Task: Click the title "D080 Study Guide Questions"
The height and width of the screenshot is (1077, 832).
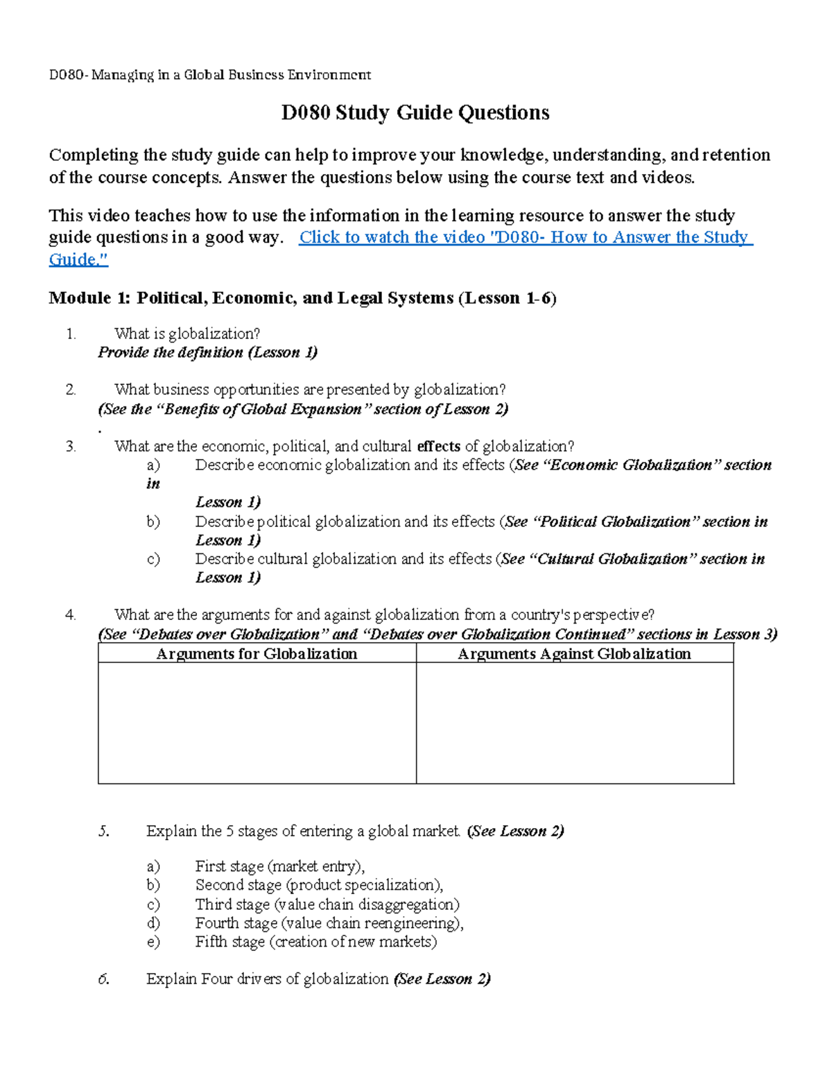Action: click(415, 113)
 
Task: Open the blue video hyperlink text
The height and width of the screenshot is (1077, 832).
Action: click(525, 237)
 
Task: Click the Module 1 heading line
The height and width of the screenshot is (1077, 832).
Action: click(302, 298)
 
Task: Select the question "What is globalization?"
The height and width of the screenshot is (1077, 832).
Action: click(187, 334)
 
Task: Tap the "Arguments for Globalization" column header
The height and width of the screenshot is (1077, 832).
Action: click(257, 653)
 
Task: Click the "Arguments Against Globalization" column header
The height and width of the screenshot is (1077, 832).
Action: click(574, 653)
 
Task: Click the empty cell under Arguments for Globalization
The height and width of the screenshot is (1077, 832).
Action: click(257, 723)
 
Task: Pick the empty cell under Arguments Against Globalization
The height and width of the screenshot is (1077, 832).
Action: click(574, 723)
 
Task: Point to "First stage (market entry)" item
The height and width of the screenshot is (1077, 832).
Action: click(279, 866)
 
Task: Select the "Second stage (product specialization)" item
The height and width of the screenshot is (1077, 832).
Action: click(319, 885)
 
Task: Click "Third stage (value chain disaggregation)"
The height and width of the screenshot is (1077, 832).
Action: click(327, 904)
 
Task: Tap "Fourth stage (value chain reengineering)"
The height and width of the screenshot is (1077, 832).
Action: click(329, 923)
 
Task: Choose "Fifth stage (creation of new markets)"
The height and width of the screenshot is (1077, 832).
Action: click(316, 942)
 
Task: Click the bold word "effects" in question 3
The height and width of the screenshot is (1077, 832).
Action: click(438, 446)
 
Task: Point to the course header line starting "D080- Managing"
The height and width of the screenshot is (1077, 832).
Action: click(209, 75)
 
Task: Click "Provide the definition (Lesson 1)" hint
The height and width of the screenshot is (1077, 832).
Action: click(207, 352)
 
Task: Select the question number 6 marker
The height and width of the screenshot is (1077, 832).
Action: click(103, 979)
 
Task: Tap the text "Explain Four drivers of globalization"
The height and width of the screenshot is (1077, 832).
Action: click(267, 979)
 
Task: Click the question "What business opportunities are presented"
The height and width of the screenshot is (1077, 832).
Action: click(310, 390)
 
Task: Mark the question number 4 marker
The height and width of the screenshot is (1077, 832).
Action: click(70, 614)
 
